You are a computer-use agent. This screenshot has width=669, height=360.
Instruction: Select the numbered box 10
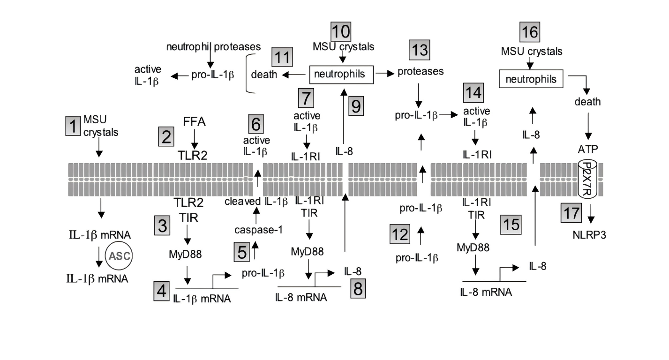point(341,31)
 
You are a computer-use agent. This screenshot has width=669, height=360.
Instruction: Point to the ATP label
point(587,149)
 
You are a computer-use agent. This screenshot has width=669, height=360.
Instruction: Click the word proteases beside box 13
point(421,72)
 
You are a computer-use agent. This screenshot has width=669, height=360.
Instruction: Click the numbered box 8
point(358,288)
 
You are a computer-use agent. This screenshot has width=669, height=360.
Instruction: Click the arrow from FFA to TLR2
point(193,139)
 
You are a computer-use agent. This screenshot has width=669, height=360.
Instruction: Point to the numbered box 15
point(511,224)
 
